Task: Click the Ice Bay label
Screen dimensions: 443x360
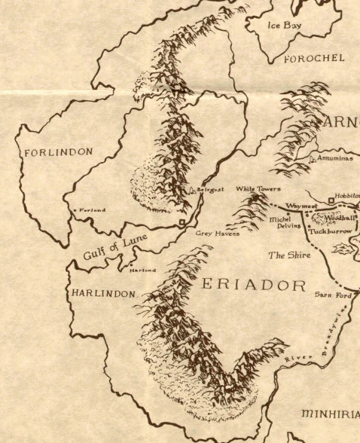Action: (285, 26)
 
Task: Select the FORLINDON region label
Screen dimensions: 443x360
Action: (59, 152)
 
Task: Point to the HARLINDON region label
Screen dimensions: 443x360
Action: (104, 293)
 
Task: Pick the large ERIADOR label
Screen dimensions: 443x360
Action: (253, 286)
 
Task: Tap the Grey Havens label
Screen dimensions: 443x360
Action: (218, 234)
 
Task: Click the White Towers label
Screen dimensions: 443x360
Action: (258, 189)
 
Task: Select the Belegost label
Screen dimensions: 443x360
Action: (211, 191)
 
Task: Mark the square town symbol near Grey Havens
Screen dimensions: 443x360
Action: (182, 223)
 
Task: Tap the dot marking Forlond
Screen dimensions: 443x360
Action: (73, 209)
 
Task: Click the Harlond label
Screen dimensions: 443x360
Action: (144, 270)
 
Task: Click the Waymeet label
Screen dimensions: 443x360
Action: (299, 205)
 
